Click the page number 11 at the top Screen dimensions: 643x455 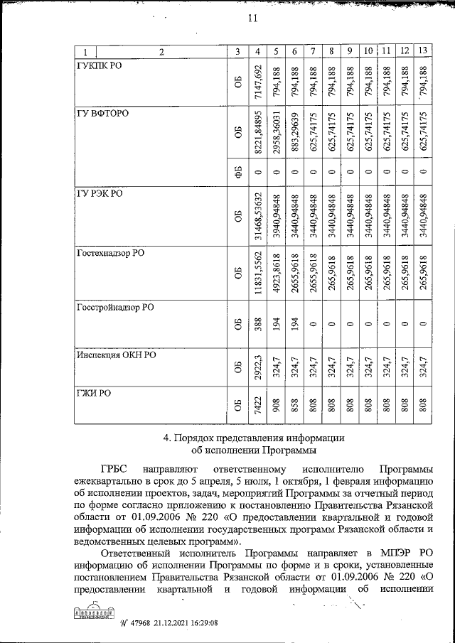(251, 19)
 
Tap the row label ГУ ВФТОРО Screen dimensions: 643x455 (104, 114)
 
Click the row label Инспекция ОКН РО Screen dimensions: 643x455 (117, 355)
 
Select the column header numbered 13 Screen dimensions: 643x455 (423, 51)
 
